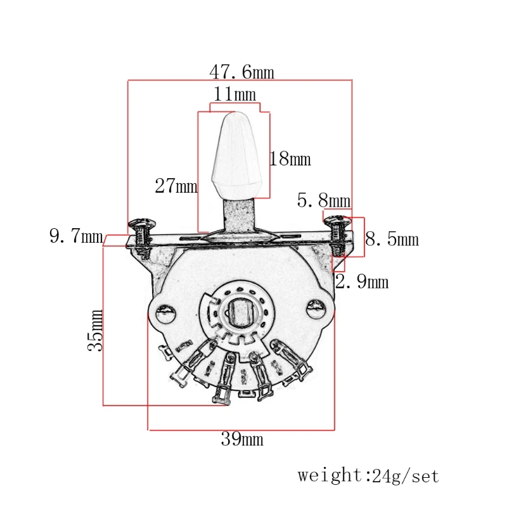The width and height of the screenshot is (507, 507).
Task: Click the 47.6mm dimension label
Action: [241, 72]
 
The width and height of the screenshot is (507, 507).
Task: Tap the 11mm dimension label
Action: [234, 94]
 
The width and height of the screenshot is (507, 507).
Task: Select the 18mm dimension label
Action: [290, 158]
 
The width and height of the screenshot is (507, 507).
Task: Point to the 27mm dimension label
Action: [176, 186]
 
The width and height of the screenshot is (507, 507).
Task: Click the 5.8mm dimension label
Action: [323, 201]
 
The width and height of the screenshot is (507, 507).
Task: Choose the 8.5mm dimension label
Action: [392, 239]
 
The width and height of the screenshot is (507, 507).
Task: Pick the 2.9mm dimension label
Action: [361, 281]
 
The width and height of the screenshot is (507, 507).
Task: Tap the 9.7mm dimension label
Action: [76, 237]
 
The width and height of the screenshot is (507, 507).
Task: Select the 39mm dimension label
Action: [241, 439]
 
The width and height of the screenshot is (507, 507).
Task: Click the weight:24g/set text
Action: [368, 475]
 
